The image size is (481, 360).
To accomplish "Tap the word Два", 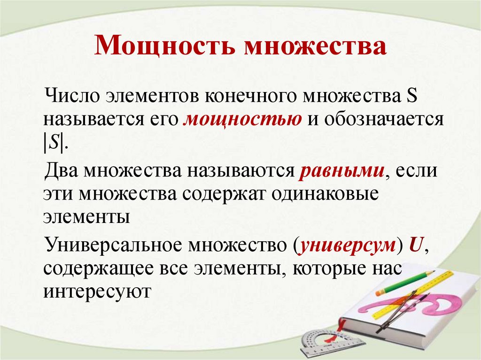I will click(62, 170).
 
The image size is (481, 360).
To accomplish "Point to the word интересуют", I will click(96, 291).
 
